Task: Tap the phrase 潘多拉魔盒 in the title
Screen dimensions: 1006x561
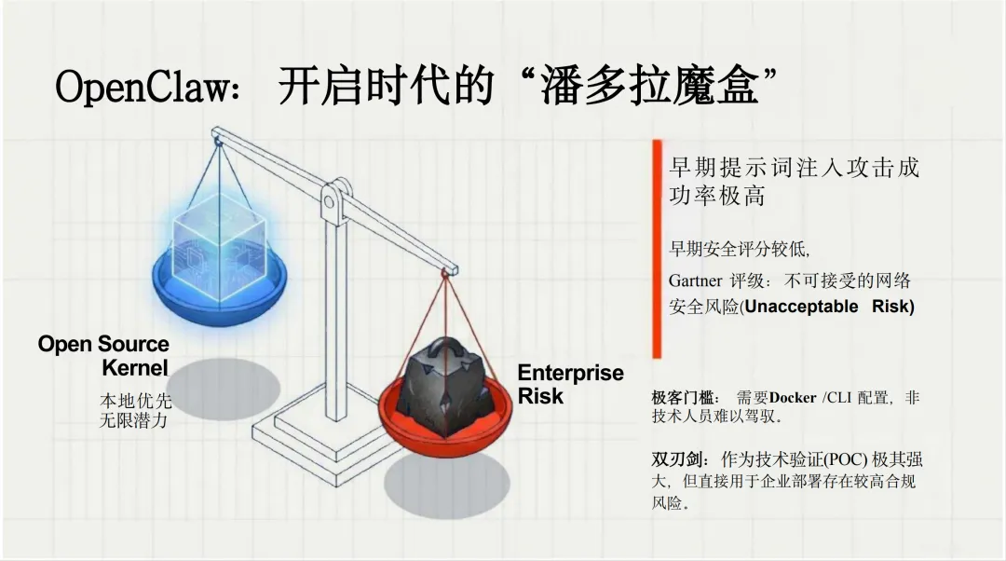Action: click(x=652, y=89)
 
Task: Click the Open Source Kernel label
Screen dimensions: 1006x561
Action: click(x=104, y=355)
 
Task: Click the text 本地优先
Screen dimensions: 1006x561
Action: click(x=136, y=402)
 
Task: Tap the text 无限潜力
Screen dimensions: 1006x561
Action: click(x=136, y=420)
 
